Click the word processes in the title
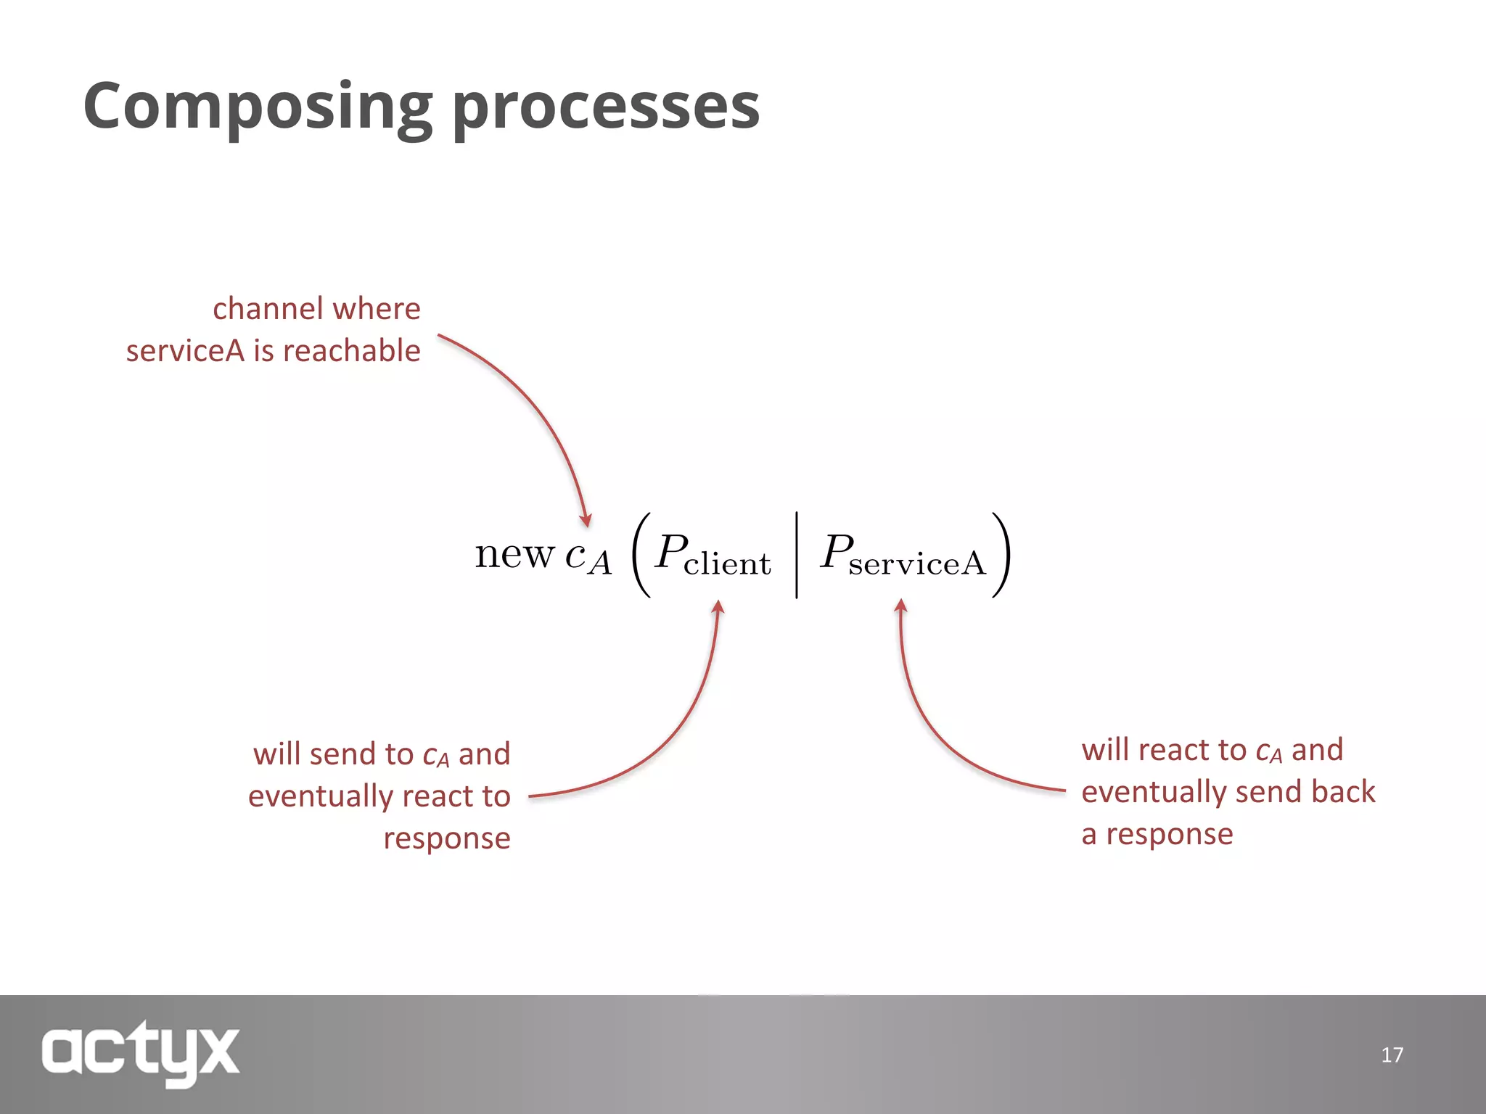[x=606, y=107]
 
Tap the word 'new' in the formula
[x=514, y=555]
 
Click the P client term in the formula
[x=712, y=555]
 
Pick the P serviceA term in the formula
[x=903, y=555]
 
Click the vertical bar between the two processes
[x=797, y=555]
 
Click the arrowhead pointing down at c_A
[x=586, y=520]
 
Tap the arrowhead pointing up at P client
[x=718, y=607]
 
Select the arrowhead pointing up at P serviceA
[x=900, y=606]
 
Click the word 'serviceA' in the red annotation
[x=185, y=351]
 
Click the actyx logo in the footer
[x=140, y=1052]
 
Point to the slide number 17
[x=1392, y=1055]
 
